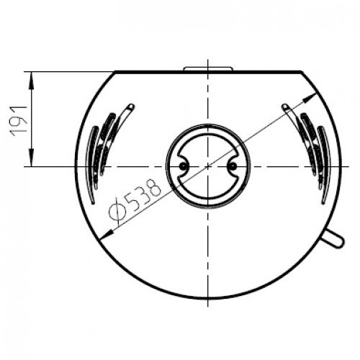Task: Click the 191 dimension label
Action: point(19,120)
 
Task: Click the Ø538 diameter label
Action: point(135,199)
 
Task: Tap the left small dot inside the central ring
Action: point(183,166)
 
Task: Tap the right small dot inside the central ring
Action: point(233,166)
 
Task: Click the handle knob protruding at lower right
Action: point(334,238)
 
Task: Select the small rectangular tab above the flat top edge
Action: point(208,68)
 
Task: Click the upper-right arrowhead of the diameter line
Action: point(310,98)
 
